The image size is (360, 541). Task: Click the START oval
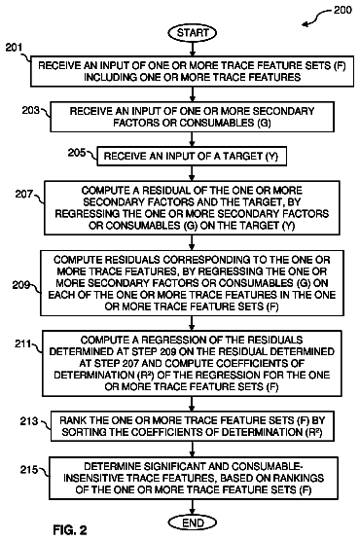coord(193,33)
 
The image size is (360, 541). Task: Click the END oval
coord(193,523)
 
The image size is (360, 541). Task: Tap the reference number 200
coord(342,10)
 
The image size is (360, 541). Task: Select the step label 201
coord(14,48)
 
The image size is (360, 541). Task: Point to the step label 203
coord(31,110)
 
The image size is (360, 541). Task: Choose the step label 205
coord(77,152)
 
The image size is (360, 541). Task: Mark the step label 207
coord(23,195)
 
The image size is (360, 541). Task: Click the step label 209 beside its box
coord(21,285)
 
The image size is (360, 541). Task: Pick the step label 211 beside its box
coord(23,344)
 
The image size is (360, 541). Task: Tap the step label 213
coord(29,421)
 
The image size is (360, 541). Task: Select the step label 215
coord(29,470)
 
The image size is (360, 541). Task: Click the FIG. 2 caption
coord(70,529)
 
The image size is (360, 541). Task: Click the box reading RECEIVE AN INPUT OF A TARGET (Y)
coord(192,157)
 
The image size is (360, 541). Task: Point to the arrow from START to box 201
coord(193,49)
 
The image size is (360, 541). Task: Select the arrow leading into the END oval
coord(193,507)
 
